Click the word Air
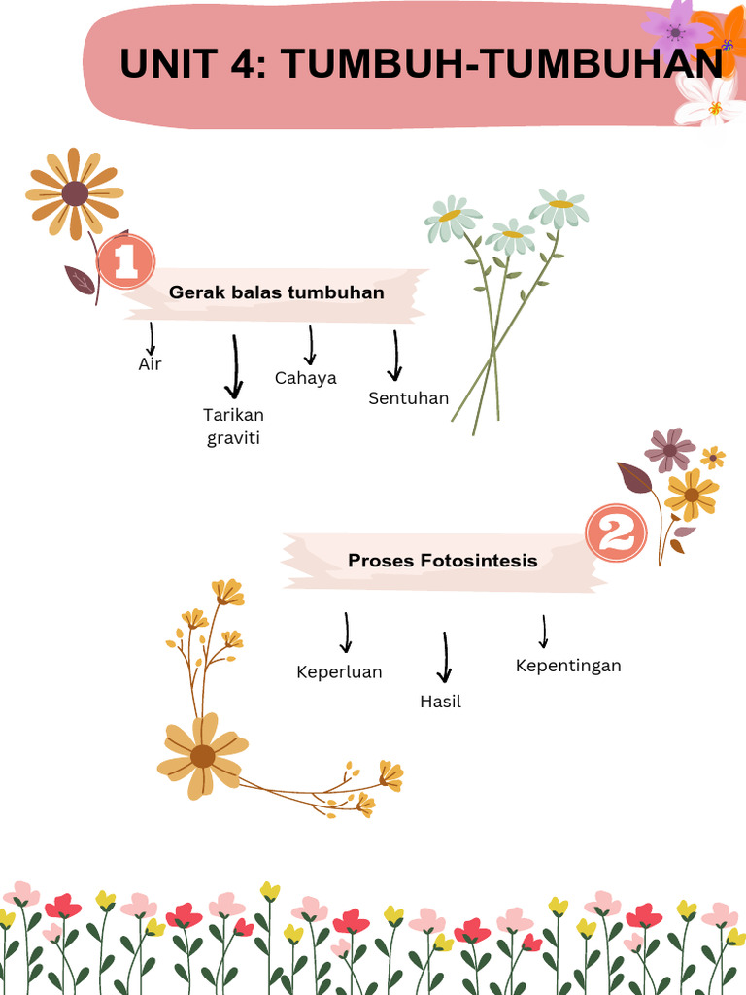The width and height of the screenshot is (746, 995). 150,364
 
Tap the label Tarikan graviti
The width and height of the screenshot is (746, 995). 233,427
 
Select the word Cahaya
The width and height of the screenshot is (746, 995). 306,378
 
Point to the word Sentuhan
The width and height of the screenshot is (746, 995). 409,397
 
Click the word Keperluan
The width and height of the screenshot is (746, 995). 339,671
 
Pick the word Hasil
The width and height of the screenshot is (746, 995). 440,701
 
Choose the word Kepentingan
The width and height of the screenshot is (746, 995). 568,666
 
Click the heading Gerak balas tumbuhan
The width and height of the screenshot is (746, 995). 277,292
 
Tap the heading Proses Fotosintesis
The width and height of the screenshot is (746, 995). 442,561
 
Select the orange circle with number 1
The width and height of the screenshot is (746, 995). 125,261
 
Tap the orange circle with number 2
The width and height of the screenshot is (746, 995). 616,533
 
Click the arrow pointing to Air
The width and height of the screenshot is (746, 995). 152,339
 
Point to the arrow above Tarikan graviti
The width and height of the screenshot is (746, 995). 233,367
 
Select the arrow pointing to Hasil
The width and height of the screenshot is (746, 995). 445,658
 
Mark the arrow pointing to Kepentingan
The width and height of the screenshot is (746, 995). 544,631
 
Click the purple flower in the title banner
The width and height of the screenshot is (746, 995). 675,30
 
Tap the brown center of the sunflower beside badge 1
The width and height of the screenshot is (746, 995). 75,193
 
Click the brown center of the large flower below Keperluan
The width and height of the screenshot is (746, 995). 202,756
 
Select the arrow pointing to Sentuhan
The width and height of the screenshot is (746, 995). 394,356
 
